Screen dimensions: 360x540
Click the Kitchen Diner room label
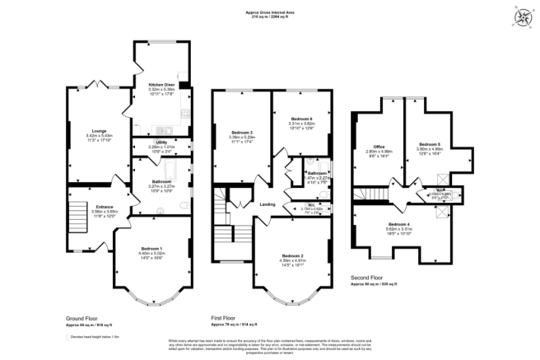point(161,85)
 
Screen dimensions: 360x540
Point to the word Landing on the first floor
point(268,203)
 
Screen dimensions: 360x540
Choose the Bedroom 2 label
point(293,256)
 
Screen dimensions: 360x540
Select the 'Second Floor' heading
point(367,279)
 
